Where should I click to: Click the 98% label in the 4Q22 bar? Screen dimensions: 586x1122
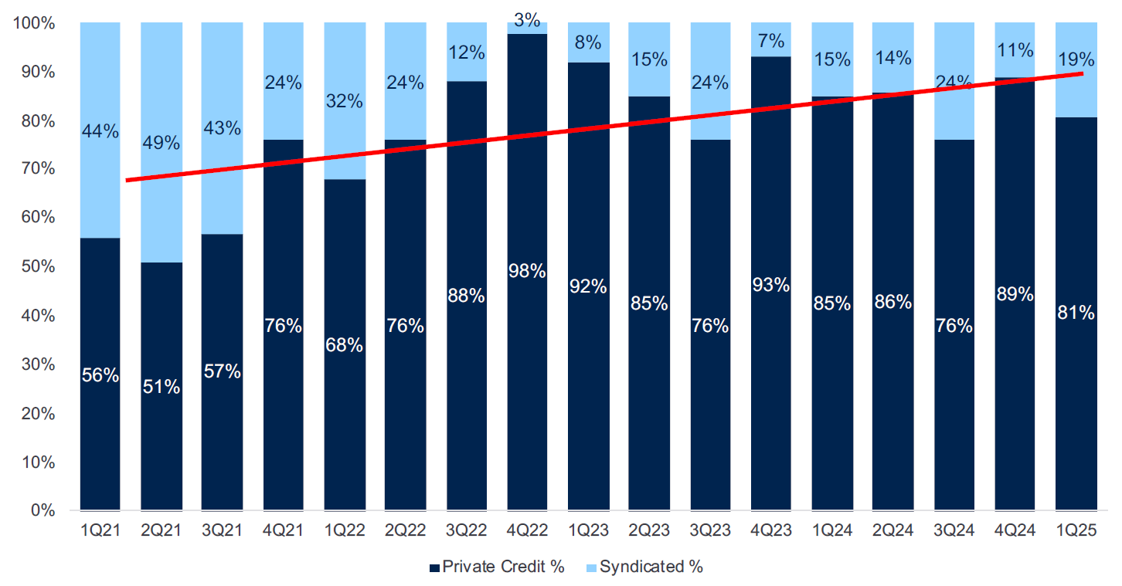tap(528, 272)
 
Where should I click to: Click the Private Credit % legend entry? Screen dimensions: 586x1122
tap(496, 567)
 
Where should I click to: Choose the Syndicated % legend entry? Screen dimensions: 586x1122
tap(644, 567)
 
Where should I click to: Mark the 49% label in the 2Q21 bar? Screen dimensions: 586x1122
tap(161, 143)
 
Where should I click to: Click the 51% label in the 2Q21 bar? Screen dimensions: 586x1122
tap(161, 387)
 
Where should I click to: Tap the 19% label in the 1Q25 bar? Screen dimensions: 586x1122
tap(1076, 59)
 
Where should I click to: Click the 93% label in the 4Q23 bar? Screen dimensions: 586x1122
tap(771, 285)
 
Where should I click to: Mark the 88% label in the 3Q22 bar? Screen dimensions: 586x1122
tap(466, 296)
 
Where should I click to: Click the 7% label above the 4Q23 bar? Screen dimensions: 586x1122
tap(771, 41)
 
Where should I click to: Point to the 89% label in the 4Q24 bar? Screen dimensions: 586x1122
tap(1015, 294)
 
